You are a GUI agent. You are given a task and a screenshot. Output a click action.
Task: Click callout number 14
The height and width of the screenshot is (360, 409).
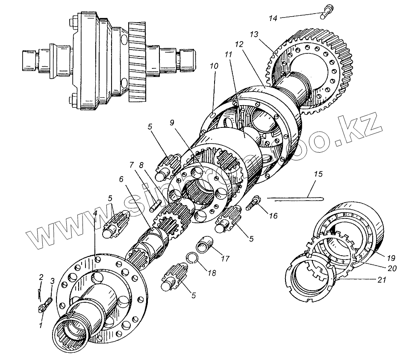click(x=273, y=18)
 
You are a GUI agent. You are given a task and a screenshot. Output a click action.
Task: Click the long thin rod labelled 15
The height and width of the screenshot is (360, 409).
click(x=295, y=198)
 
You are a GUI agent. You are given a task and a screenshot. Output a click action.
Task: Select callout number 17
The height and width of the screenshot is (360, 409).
click(x=225, y=259)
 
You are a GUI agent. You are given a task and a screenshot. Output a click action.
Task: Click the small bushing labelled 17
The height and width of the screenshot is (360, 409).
click(x=204, y=248)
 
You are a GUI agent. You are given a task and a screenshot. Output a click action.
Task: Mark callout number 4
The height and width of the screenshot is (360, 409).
click(x=94, y=212)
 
